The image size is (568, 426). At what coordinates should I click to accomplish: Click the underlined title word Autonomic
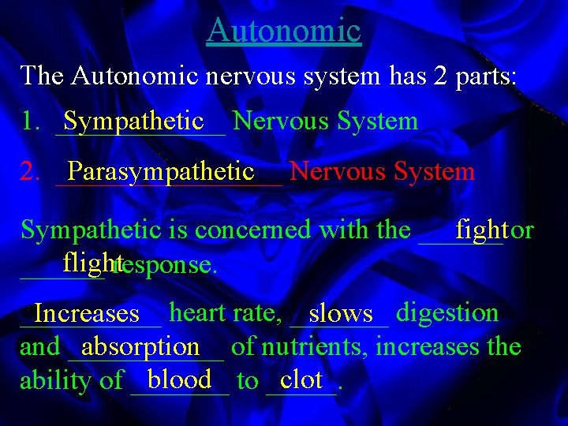284,31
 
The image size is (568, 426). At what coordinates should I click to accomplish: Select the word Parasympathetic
161,170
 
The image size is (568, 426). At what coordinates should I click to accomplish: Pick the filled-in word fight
481,229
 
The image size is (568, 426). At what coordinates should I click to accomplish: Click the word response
166,264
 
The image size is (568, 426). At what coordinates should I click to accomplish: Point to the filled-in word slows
341,314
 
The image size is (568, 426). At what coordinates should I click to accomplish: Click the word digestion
447,313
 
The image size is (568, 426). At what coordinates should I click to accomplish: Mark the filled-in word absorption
140,346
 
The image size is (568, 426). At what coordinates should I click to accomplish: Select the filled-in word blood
179,380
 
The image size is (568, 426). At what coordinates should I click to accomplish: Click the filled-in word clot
301,380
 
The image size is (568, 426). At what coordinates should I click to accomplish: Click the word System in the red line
434,171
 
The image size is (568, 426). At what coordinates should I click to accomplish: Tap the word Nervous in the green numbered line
281,121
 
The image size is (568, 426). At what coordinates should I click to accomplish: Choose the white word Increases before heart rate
87,314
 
